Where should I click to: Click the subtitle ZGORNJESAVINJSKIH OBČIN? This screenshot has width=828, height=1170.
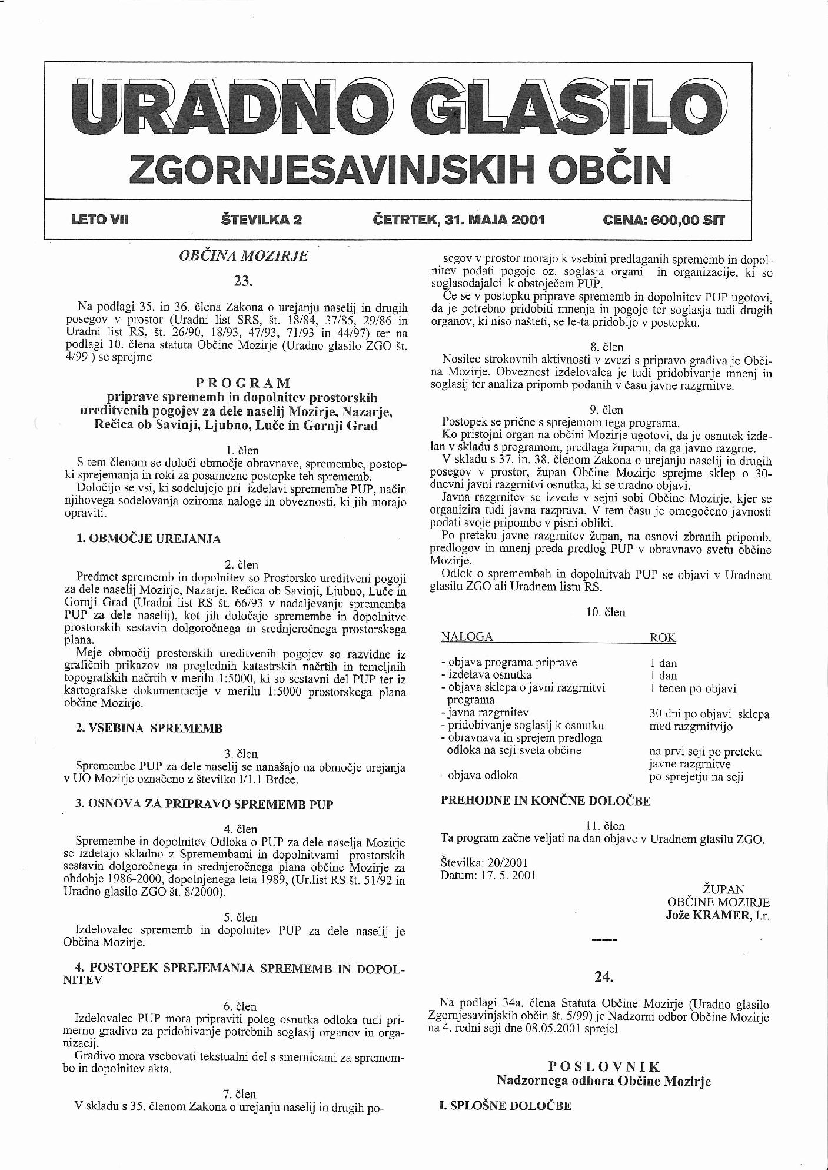[x=400, y=169]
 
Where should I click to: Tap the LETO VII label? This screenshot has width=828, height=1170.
[x=99, y=220]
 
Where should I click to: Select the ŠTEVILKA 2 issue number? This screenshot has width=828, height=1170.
[x=261, y=220]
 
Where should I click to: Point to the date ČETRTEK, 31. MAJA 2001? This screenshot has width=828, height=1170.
[x=459, y=220]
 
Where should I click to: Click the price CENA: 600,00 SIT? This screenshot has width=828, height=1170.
[x=664, y=221]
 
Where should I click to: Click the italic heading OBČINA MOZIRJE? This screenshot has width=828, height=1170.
[x=243, y=257]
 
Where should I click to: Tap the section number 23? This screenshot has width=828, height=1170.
[x=243, y=281]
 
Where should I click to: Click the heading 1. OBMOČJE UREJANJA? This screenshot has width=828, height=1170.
[x=148, y=539]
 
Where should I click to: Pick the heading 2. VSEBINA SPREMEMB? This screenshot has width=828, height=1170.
[x=149, y=728]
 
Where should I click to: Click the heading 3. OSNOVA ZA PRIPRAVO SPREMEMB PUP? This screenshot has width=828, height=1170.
[x=204, y=804]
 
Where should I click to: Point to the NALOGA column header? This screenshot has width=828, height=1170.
[x=467, y=637]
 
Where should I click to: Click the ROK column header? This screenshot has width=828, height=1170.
[x=662, y=637]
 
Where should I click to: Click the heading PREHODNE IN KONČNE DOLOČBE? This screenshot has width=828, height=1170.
[x=546, y=800]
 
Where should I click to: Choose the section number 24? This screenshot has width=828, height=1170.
[x=604, y=977]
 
